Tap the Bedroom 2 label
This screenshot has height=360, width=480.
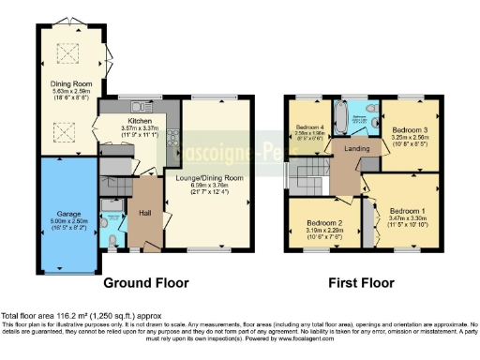tap(322, 223)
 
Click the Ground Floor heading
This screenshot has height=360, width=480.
tap(145, 282)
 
